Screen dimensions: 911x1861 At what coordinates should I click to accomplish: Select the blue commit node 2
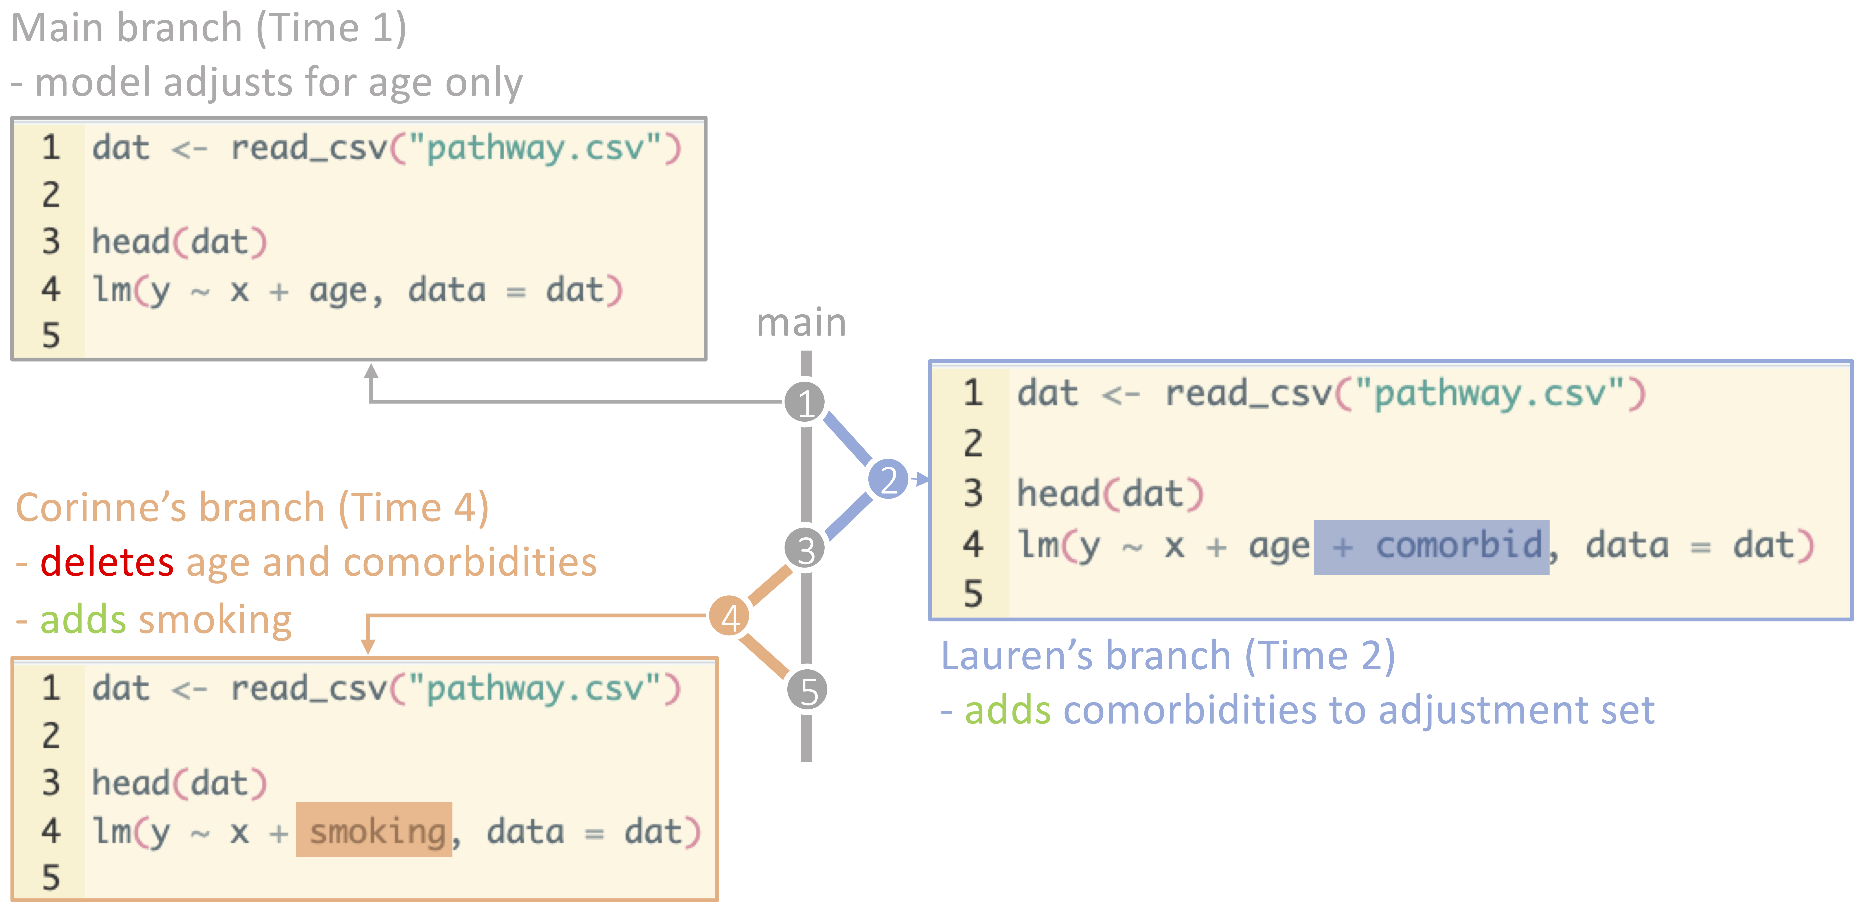point(888,479)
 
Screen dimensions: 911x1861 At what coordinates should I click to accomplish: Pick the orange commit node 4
point(730,617)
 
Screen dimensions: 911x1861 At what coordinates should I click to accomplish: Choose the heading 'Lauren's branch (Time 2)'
point(1167,656)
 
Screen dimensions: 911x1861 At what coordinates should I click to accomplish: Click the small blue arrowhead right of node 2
point(921,479)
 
